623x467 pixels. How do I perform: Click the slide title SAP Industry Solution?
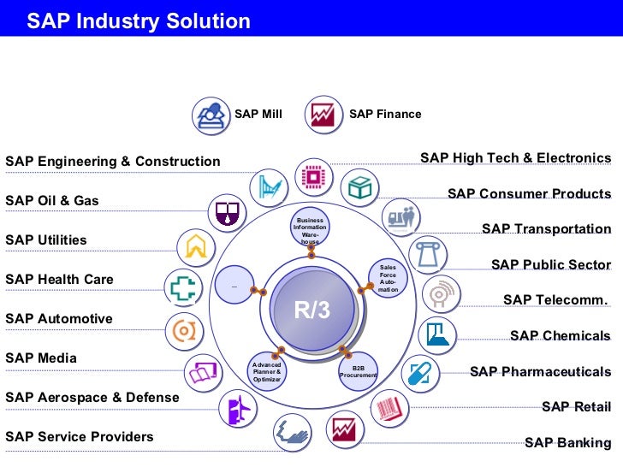[x=139, y=21]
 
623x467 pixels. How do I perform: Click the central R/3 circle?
[x=311, y=310]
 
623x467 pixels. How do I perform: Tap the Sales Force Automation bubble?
[x=389, y=279]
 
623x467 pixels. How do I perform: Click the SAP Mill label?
[x=258, y=114]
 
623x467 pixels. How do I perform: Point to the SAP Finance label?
[x=385, y=114]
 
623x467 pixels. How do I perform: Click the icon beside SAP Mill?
[x=211, y=115]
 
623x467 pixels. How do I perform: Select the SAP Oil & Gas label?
[x=52, y=201]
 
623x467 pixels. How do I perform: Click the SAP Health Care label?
[x=59, y=280]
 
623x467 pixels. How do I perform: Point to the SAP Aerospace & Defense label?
[x=92, y=398]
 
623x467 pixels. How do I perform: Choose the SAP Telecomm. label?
[x=556, y=300]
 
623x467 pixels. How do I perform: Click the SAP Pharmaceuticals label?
[x=540, y=372]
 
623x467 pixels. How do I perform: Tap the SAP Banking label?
[x=567, y=443]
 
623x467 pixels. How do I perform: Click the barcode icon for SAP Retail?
[x=390, y=405]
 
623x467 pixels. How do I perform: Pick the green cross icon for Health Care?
[x=181, y=287]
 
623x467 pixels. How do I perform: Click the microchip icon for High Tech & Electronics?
[x=313, y=176]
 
